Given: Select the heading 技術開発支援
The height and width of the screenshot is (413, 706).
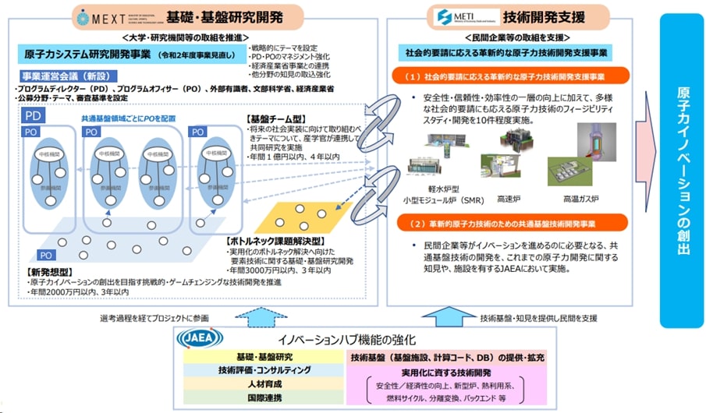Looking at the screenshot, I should click(x=537, y=16).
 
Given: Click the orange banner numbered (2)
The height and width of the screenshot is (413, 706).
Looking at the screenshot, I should click(x=510, y=223).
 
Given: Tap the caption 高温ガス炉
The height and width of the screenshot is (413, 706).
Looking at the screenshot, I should click(x=580, y=198).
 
